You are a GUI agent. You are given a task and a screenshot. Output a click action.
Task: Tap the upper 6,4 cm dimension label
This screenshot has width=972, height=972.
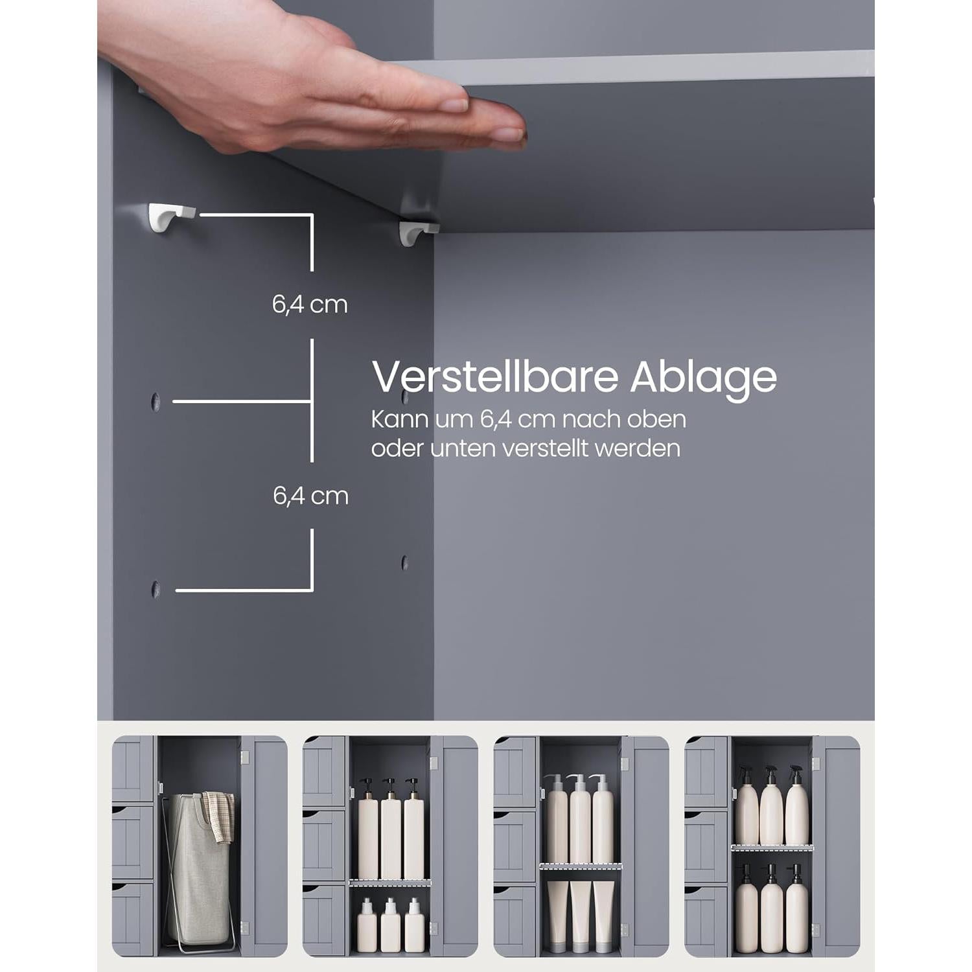pyautogui.click(x=310, y=304)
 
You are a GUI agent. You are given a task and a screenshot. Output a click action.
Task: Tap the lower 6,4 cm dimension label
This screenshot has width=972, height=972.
pyautogui.click(x=310, y=496)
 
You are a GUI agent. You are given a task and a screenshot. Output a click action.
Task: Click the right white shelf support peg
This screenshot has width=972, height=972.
pyautogui.click(x=417, y=231)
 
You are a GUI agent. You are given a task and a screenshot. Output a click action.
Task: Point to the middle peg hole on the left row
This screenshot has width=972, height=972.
pyautogui.click(x=156, y=402)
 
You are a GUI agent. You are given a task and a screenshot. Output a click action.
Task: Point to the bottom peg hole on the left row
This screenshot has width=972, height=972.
pyautogui.click(x=156, y=589)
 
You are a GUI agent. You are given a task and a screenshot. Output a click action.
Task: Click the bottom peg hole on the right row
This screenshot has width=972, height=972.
pyautogui.click(x=404, y=562)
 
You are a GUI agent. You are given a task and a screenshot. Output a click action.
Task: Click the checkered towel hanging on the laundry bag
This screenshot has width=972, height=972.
pyautogui.click(x=218, y=816)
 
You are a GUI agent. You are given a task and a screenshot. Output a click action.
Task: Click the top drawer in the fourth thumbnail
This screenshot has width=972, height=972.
pyautogui.click(x=706, y=772)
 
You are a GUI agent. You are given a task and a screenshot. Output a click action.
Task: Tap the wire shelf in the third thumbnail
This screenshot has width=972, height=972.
pyautogui.click(x=581, y=866)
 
